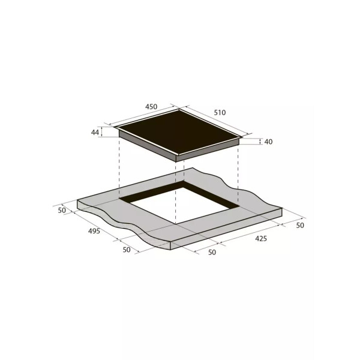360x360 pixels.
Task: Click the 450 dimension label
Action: pyautogui.click(x=151, y=107)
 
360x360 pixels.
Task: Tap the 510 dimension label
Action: pyautogui.click(x=220, y=113)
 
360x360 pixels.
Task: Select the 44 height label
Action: pyautogui.click(x=95, y=132)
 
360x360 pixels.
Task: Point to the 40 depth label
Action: pyautogui.click(x=268, y=142)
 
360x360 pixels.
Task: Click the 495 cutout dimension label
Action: pyautogui.click(x=94, y=231)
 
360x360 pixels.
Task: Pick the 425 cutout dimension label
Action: pyautogui.click(x=261, y=239)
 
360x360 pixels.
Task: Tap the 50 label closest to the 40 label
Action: pyautogui.click(x=300, y=225)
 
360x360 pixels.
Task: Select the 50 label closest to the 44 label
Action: pyautogui.click(x=62, y=211)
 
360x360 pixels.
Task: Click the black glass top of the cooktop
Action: pyautogui.click(x=179, y=131)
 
